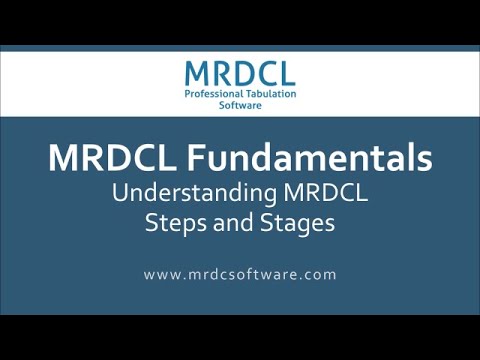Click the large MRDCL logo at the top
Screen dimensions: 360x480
(240, 73)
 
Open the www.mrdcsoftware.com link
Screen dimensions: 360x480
(240, 273)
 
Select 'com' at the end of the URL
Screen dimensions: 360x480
(321, 273)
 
